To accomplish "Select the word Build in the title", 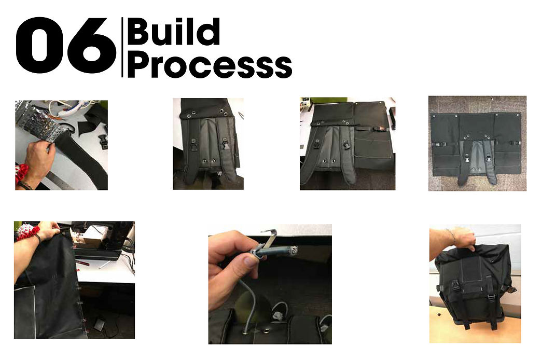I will pos(173,32).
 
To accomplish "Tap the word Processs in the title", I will pos(210,65).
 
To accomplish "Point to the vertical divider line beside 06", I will pos(122,47).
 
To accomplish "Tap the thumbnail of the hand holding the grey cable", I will pos(270,284).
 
